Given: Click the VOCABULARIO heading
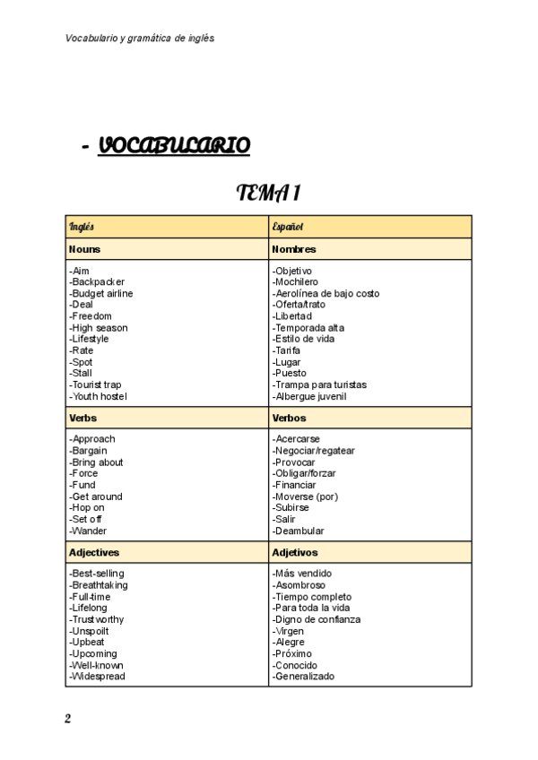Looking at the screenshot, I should click(174, 145).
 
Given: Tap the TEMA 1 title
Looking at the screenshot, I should click(267, 193).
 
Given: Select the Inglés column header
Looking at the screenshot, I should click(82, 227).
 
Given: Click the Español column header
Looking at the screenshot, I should click(288, 227).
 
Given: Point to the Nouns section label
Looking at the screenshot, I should click(84, 249).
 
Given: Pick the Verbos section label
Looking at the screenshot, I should click(289, 418).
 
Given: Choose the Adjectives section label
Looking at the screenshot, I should click(94, 553).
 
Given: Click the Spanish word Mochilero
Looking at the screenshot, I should click(299, 282).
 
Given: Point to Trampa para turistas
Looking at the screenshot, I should click(319, 384).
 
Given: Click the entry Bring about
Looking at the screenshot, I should click(96, 462).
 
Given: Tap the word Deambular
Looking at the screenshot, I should click(299, 531).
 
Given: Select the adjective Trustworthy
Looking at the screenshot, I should click(96, 619).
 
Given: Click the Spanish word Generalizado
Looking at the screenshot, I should click(303, 677).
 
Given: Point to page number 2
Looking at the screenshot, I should click(67, 719).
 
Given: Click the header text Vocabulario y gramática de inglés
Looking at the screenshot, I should click(140, 39).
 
